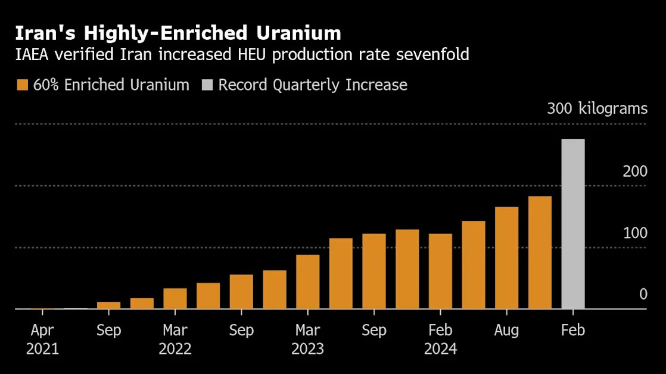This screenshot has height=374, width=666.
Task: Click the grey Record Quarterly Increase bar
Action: point(573,224)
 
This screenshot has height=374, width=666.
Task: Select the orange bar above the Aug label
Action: point(506,258)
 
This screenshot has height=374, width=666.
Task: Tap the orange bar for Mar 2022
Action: point(175,298)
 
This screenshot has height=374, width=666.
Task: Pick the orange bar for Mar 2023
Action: point(307,282)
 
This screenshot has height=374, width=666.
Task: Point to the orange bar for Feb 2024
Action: point(440,271)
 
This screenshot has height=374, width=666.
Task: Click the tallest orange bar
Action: point(540,253)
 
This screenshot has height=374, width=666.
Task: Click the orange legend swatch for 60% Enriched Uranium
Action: point(22,85)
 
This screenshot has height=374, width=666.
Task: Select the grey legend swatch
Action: point(207,85)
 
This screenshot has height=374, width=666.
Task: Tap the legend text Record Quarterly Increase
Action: point(312,85)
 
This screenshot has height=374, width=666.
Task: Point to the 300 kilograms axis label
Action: point(597,109)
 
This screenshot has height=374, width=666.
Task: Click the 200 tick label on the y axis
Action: point(635,172)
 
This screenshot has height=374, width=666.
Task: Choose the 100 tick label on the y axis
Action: point(635,233)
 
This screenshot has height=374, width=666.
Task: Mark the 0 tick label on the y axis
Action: point(643,294)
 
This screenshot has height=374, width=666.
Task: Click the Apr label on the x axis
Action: point(42,330)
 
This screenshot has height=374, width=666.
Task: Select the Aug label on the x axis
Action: point(506,330)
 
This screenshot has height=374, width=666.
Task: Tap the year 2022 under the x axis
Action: point(175,349)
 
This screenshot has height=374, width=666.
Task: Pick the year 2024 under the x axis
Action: point(440,349)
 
